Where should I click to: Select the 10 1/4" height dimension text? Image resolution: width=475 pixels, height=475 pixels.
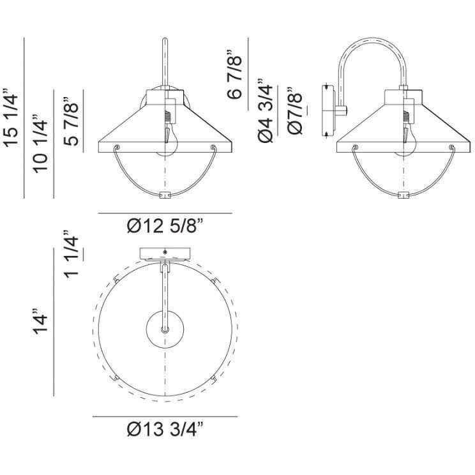[42, 144]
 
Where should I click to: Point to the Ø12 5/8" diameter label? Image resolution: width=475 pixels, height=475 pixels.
[166, 226]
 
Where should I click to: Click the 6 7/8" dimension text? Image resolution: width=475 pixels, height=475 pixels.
[234, 75]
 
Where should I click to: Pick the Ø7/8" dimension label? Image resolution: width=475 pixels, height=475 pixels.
[295, 110]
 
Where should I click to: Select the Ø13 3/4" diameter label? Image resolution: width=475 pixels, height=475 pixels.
[165, 430]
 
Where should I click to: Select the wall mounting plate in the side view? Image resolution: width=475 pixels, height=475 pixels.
[330, 109]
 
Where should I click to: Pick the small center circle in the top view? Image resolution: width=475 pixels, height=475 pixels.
[165, 329]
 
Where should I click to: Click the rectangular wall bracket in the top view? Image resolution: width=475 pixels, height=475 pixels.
[165, 253]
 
